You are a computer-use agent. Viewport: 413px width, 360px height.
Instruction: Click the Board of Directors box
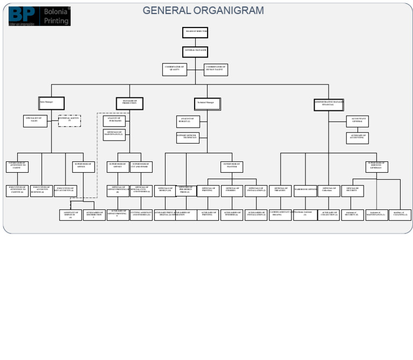195,33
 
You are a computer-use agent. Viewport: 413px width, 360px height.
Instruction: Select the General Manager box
195,52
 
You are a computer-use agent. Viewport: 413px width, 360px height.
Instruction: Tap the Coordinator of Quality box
175,69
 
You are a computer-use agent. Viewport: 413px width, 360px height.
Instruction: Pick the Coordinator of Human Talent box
216,69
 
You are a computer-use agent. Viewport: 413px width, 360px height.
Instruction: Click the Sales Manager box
52,103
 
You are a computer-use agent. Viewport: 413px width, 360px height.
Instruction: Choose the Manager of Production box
130,103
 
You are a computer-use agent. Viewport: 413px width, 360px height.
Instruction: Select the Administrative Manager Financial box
329,104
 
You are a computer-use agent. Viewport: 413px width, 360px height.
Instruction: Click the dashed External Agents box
69,121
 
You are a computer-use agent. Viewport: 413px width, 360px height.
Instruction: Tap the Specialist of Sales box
35,121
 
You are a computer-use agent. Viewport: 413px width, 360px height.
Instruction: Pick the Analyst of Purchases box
115,121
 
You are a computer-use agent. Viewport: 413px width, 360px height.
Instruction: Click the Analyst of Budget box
188,122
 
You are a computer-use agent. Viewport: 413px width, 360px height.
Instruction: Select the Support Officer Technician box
188,138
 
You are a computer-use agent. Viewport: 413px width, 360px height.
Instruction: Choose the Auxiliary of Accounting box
357,138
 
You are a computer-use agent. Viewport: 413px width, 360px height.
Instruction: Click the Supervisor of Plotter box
232,167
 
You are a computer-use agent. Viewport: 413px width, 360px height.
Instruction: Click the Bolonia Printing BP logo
39,16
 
